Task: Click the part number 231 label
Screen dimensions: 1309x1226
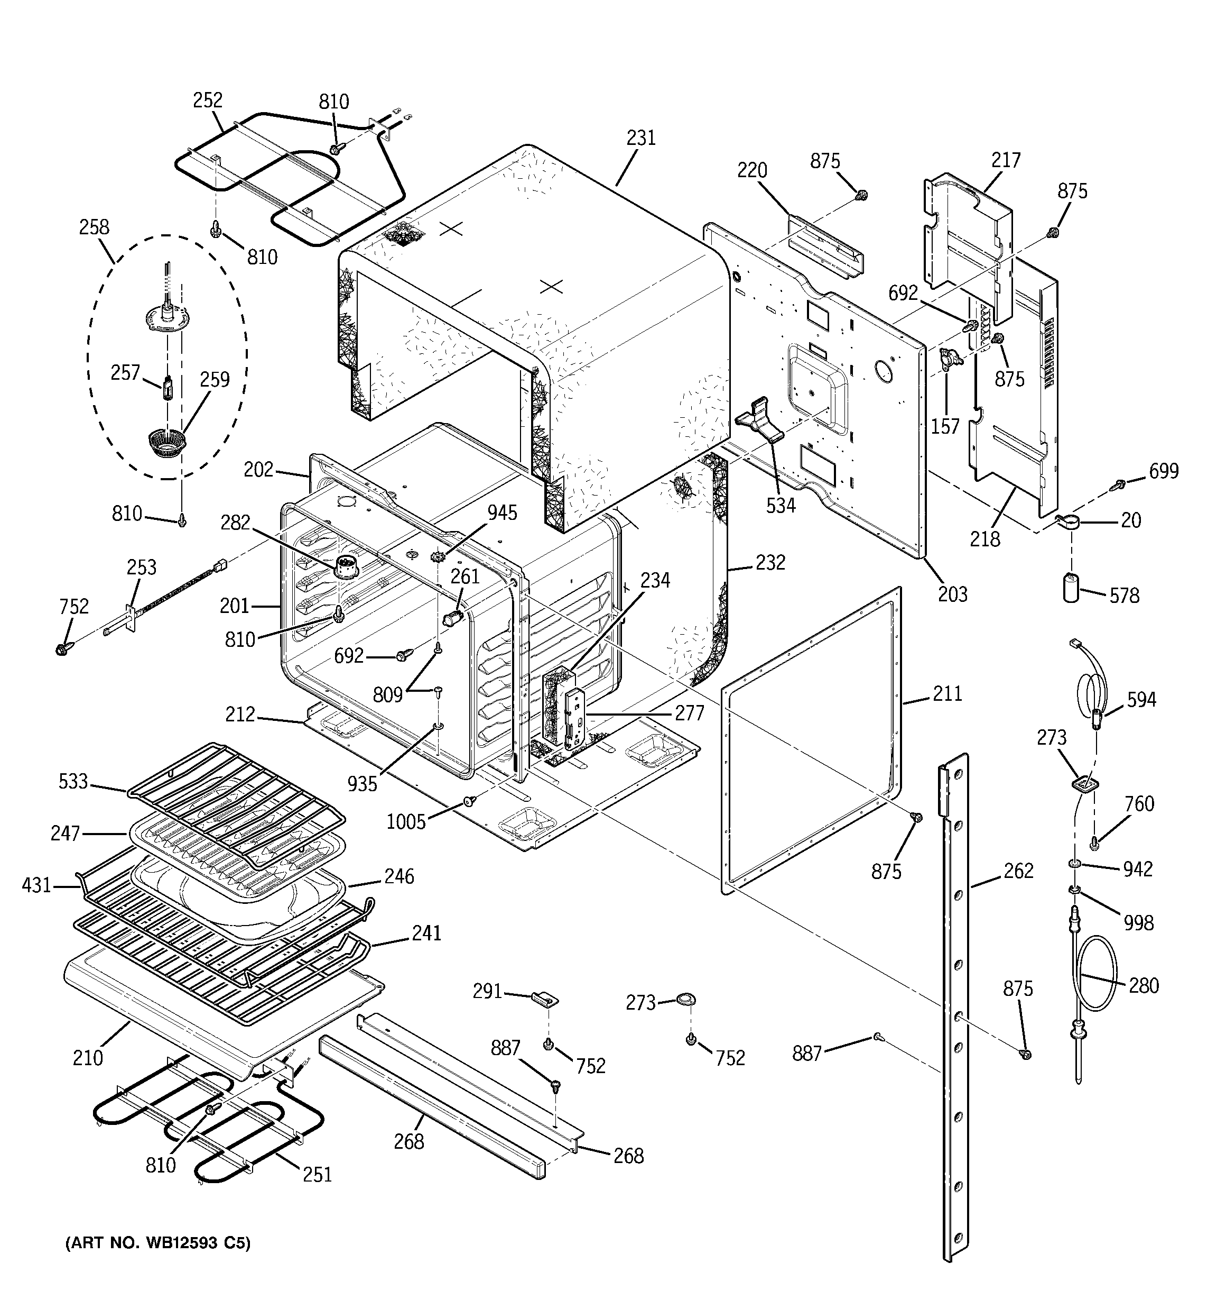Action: (x=640, y=138)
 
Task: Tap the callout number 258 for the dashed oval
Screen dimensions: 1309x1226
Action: (x=94, y=227)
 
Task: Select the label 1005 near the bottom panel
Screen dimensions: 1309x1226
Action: (x=405, y=822)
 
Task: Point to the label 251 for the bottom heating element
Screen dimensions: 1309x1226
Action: (x=317, y=1175)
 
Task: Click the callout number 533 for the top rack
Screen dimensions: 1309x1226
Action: (x=73, y=781)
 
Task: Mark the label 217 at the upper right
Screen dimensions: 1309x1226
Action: (x=1006, y=160)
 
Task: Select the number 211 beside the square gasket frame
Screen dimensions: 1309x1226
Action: (x=947, y=693)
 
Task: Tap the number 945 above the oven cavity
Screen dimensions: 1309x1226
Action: (x=502, y=512)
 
